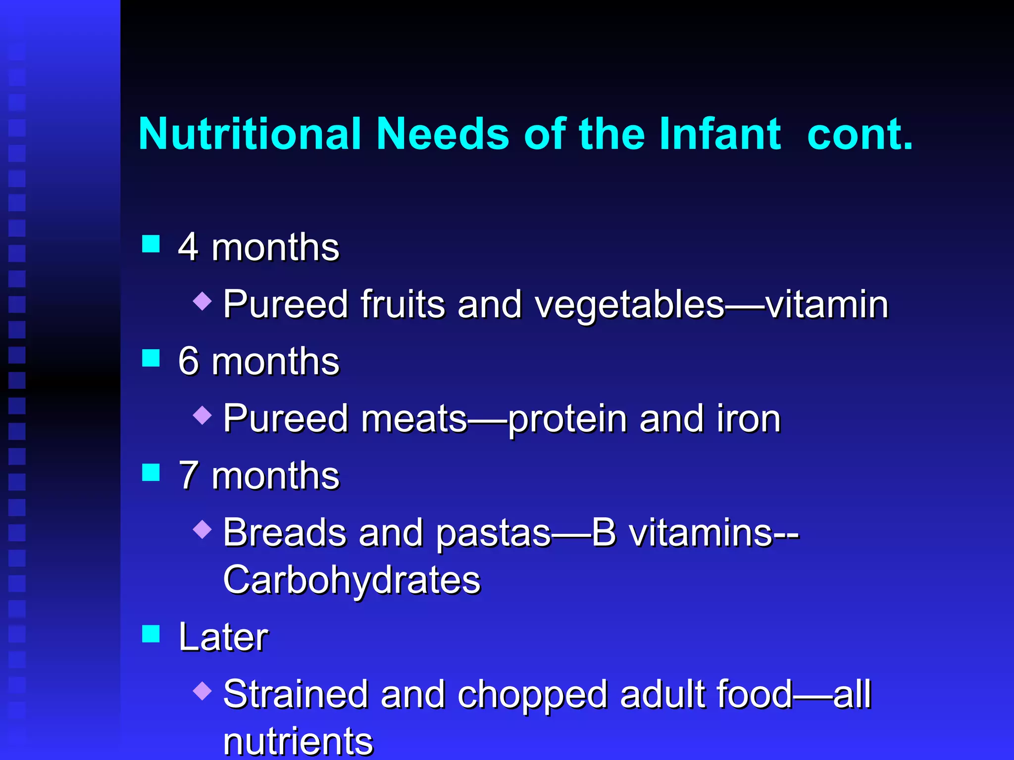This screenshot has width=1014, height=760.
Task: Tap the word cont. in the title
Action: pos(860,135)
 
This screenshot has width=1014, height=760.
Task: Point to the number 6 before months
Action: pos(189,361)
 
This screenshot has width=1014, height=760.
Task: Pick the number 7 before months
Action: pos(189,475)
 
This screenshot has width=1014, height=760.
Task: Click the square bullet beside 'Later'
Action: pos(151,634)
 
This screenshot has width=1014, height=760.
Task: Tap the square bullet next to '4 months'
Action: pos(151,244)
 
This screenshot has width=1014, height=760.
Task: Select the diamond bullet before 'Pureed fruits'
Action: pos(203,301)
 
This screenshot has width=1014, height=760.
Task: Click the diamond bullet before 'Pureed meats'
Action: pos(203,415)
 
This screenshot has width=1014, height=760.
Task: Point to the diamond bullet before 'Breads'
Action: pos(203,529)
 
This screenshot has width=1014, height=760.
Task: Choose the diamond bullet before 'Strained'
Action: pos(203,691)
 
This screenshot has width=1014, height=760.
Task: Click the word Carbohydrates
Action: pos(352,580)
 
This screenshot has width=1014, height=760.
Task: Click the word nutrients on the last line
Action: pos(298,741)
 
